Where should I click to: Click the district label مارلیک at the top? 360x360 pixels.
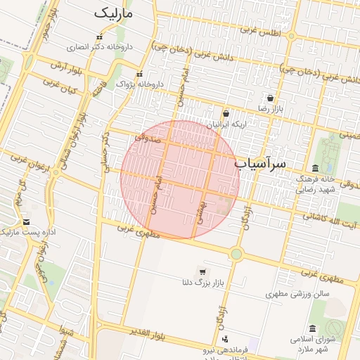click(117, 13)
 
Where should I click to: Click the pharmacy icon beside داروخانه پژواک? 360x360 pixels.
click(139, 74)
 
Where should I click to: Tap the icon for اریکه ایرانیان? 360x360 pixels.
click(226, 113)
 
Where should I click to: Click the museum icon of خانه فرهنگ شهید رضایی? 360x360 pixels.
click(314, 168)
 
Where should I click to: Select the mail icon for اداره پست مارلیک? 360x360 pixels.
click(26, 221)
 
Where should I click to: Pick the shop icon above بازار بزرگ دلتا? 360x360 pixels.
click(203, 272)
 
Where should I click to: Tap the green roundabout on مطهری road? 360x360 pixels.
click(236, 254)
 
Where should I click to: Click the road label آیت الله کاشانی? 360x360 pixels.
click(330, 219)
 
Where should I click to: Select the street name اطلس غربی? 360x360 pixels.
click(260, 31)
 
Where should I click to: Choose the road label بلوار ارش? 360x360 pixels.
click(67, 67)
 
